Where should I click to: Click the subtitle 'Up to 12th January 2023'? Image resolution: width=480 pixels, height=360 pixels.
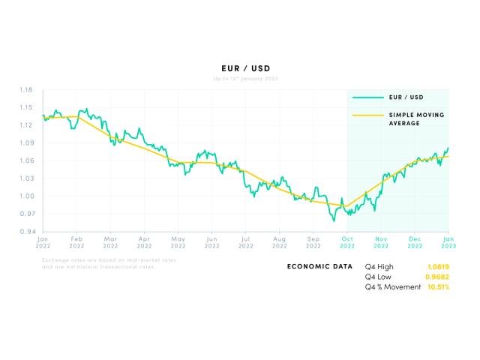pyautogui.click(x=240, y=79)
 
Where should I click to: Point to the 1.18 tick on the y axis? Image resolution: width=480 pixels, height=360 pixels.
pyautogui.click(x=25, y=90)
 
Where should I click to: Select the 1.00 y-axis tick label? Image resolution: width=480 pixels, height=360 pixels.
pyautogui.click(x=25, y=196)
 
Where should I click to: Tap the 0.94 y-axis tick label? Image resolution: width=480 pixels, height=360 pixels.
pyautogui.click(x=25, y=232)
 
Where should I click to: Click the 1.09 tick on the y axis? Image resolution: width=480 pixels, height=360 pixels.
pyautogui.click(x=25, y=143)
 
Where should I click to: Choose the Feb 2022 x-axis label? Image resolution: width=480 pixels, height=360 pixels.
pyautogui.click(x=76, y=242)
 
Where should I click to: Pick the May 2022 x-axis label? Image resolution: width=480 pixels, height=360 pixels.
pyautogui.click(x=178, y=242)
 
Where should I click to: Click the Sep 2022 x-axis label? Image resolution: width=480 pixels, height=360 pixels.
pyautogui.click(x=313, y=242)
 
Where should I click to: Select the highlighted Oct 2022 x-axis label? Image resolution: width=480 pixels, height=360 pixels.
pyautogui.click(x=347, y=242)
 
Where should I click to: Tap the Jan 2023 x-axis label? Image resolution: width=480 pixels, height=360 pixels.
pyautogui.click(x=448, y=242)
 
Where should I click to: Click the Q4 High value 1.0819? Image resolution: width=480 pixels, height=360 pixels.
pyautogui.click(x=438, y=266)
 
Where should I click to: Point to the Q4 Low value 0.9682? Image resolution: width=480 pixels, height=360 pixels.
pyautogui.click(x=438, y=277)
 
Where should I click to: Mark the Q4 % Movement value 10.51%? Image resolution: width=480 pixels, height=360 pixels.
pyautogui.click(x=438, y=287)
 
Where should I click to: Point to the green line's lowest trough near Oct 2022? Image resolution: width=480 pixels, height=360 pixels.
pyautogui.click(x=334, y=221)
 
